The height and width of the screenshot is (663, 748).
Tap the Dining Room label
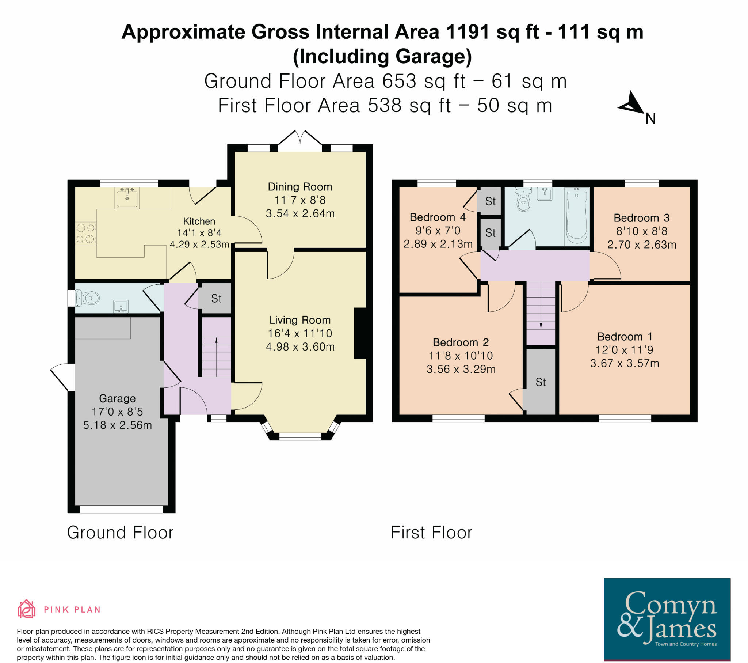click(300, 187)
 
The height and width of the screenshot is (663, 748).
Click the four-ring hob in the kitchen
click(85, 234)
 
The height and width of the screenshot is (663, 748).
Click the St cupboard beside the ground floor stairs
click(216, 299)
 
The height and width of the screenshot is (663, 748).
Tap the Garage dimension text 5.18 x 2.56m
click(117, 425)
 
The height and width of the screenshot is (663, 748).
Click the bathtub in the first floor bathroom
click(576, 216)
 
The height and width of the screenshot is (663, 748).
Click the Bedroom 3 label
click(641, 218)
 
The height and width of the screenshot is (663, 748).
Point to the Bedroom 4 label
click(438, 217)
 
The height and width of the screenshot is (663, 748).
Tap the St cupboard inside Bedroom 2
click(541, 382)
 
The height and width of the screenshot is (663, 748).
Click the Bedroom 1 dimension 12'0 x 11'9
click(624, 350)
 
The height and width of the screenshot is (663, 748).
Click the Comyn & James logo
click(667, 620)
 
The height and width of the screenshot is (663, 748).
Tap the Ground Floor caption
click(120, 532)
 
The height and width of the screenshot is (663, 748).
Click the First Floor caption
click(431, 532)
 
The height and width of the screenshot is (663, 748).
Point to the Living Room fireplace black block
click(360, 333)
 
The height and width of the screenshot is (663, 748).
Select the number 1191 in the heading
click(467, 32)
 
